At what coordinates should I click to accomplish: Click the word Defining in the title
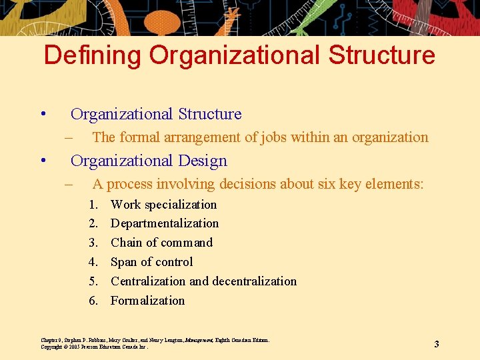[93, 55]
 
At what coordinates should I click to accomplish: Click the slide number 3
[437, 344]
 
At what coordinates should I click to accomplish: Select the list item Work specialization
[163, 205]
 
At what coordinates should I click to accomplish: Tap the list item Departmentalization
[165, 223]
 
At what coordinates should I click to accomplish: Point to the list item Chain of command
[161, 243]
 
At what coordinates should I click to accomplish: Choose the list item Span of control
[151, 262]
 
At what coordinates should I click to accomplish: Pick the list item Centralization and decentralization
[203, 281]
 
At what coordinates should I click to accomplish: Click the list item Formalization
[147, 301]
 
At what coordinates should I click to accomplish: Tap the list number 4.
[94, 262]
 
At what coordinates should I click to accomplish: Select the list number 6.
[94, 301]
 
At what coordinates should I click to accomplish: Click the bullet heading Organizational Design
[149, 161]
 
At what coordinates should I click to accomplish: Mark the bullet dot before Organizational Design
[42, 161]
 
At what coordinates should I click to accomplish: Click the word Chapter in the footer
[51, 340]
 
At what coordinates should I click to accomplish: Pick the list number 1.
[94, 205]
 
